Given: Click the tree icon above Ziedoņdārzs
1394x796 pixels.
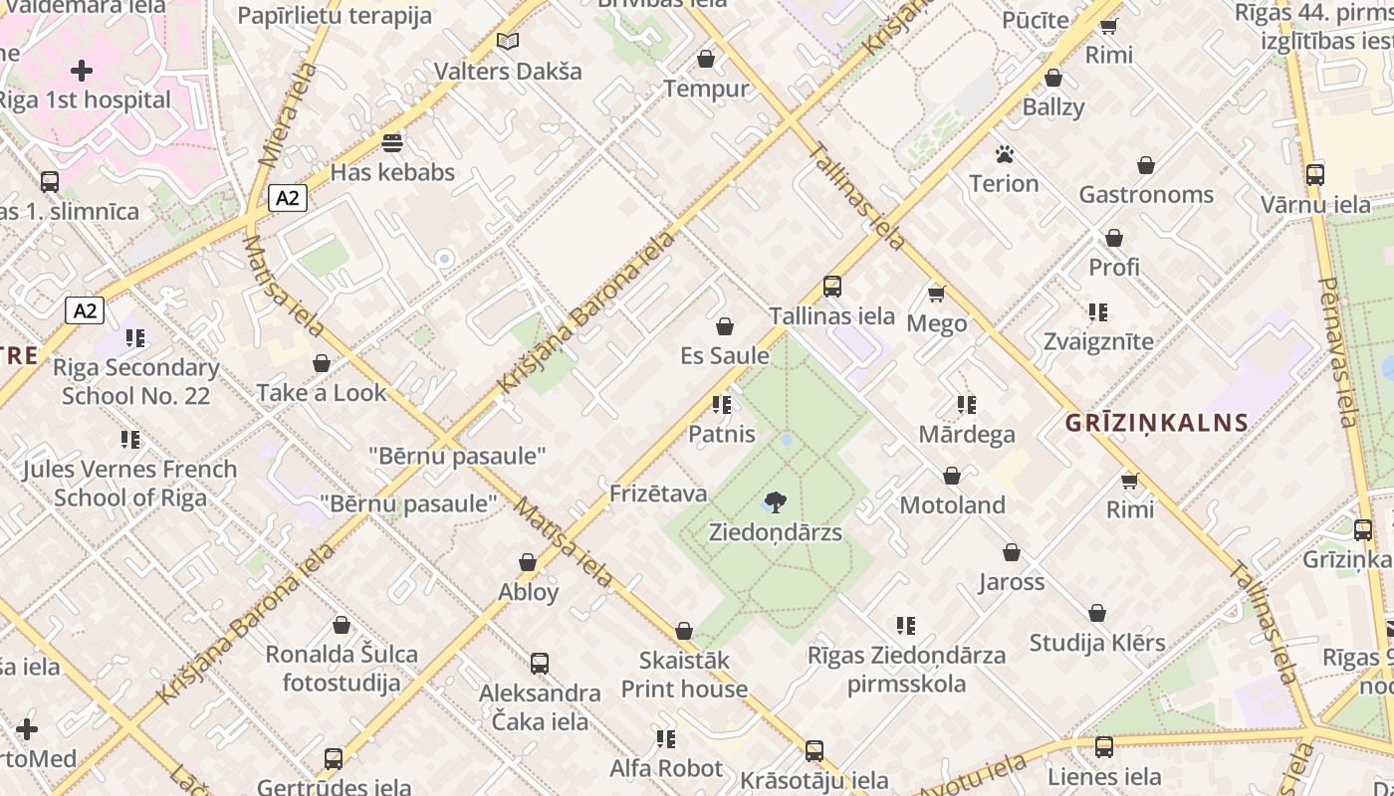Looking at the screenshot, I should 776,501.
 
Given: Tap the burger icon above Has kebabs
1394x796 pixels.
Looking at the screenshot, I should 392,142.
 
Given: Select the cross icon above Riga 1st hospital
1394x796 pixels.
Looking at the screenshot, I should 82,71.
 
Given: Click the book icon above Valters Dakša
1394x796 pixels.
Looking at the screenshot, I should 508,42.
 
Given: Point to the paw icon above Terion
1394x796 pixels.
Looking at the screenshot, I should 1004,154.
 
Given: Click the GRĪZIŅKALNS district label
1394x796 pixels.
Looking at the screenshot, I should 1156,423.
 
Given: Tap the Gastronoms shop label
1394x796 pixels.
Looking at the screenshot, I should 1146,195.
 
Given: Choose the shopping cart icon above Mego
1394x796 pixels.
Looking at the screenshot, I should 936,293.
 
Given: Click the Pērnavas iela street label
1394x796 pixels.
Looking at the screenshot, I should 1337,351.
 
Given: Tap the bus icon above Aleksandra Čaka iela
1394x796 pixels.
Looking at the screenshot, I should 540,663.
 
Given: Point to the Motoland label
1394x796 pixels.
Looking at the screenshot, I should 952,505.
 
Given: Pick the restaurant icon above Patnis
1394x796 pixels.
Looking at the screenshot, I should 722,405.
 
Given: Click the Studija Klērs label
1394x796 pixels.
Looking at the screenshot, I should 1097,643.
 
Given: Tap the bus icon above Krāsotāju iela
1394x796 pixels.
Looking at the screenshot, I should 814,750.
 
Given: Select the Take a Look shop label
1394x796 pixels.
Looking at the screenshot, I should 322,393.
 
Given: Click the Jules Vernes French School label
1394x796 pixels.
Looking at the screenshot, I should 129,483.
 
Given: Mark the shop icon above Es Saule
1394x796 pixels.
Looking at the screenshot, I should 725,326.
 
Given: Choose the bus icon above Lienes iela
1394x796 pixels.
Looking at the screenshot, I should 1104,746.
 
